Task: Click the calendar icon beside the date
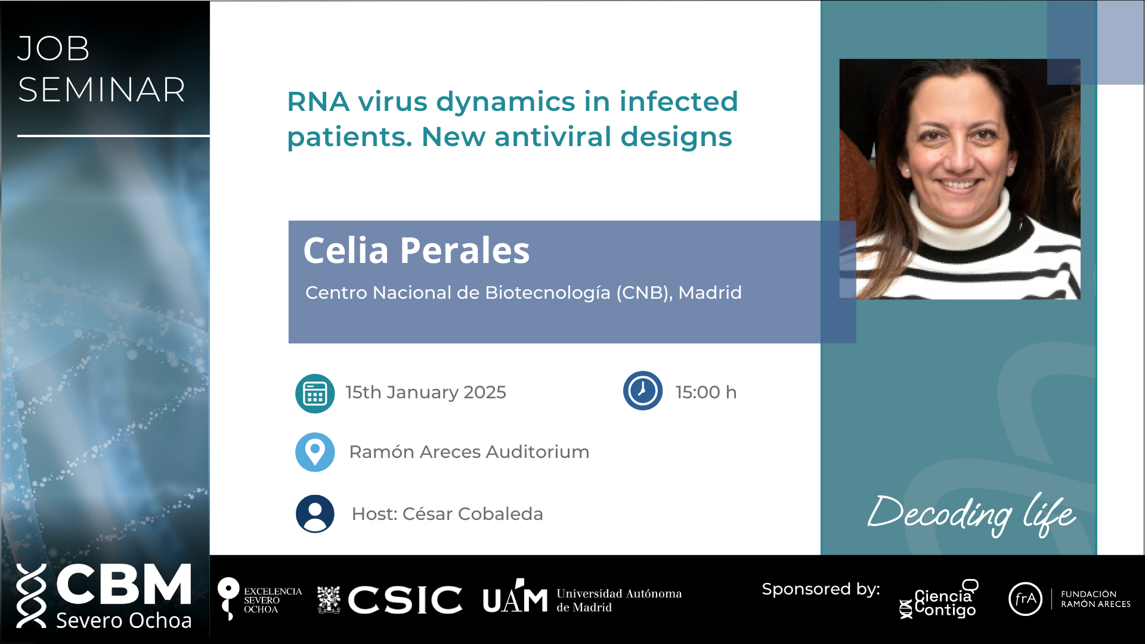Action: (x=315, y=394)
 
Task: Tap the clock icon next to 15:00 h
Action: (x=643, y=391)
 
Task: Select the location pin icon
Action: (x=315, y=452)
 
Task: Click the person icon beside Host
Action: (x=315, y=513)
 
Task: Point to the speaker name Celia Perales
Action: (x=416, y=250)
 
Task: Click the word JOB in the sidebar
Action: (x=54, y=48)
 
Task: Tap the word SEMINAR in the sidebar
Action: (x=101, y=90)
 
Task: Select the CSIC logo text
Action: (x=405, y=599)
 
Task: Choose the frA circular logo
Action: (x=1025, y=599)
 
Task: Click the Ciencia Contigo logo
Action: (x=939, y=600)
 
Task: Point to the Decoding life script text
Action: (x=972, y=514)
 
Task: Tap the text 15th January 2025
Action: (x=426, y=392)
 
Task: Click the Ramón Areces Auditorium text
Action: (x=469, y=452)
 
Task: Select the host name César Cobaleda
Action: (x=473, y=513)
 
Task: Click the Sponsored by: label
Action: (x=821, y=589)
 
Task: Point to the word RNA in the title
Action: (x=318, y=101)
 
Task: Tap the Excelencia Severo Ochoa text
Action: (x=273, y=600)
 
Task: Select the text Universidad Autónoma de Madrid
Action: (x=619, y=600)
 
